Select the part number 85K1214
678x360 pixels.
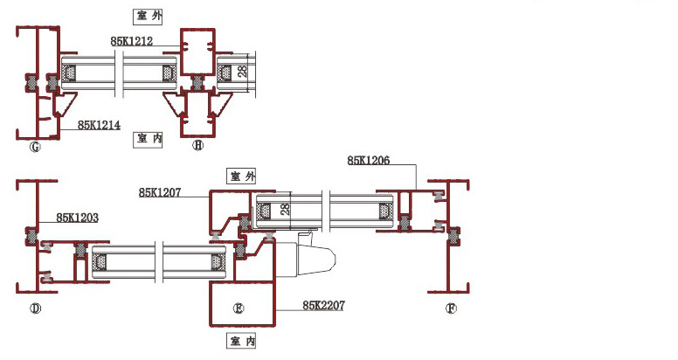[100, 125]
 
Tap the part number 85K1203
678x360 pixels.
[77, 216]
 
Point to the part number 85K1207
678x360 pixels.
[160, 192]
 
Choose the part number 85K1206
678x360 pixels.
[368, 160]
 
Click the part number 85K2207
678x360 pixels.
[324, 306]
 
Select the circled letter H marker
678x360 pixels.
[198, 146]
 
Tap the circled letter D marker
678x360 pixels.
[36, 308]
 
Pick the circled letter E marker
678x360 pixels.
[237, 308]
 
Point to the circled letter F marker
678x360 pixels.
[451, 308]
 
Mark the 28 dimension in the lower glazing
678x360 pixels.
[284, 210]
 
